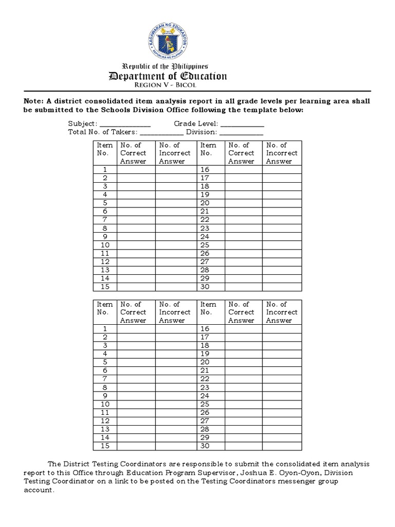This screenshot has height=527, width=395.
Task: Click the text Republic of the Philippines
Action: coord(165,66)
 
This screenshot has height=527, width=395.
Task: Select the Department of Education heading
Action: coord(168,76)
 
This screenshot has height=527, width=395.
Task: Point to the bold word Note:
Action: coord(34,102)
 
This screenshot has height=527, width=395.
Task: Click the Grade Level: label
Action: coord(196,124)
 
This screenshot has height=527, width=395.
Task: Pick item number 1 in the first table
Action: coord(105,170)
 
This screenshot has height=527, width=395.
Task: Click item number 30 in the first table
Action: coord(205,287)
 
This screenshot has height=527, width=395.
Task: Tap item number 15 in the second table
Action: coord(105,446)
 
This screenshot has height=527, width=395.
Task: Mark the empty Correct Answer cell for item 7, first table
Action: coord(136,220)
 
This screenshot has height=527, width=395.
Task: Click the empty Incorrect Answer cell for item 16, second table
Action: coord(282,328)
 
